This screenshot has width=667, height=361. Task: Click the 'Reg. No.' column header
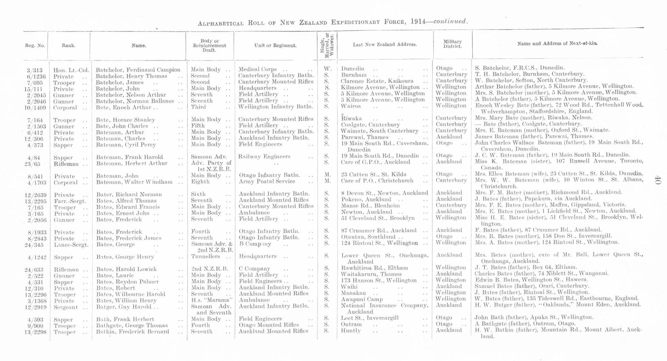35,46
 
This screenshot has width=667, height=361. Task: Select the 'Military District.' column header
453,44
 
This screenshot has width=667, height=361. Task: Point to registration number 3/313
35,70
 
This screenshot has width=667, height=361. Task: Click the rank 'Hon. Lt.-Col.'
71,70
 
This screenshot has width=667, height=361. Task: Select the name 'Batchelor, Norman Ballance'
135,101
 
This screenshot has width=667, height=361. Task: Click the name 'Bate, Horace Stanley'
126,120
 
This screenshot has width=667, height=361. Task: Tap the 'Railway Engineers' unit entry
264,157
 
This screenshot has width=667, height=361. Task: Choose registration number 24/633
34,270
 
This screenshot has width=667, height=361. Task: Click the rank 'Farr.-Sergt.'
70,201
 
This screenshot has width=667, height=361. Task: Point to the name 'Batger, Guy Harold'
124,307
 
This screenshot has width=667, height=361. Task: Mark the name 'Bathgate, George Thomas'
132,326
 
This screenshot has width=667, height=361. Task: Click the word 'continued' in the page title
450,21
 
